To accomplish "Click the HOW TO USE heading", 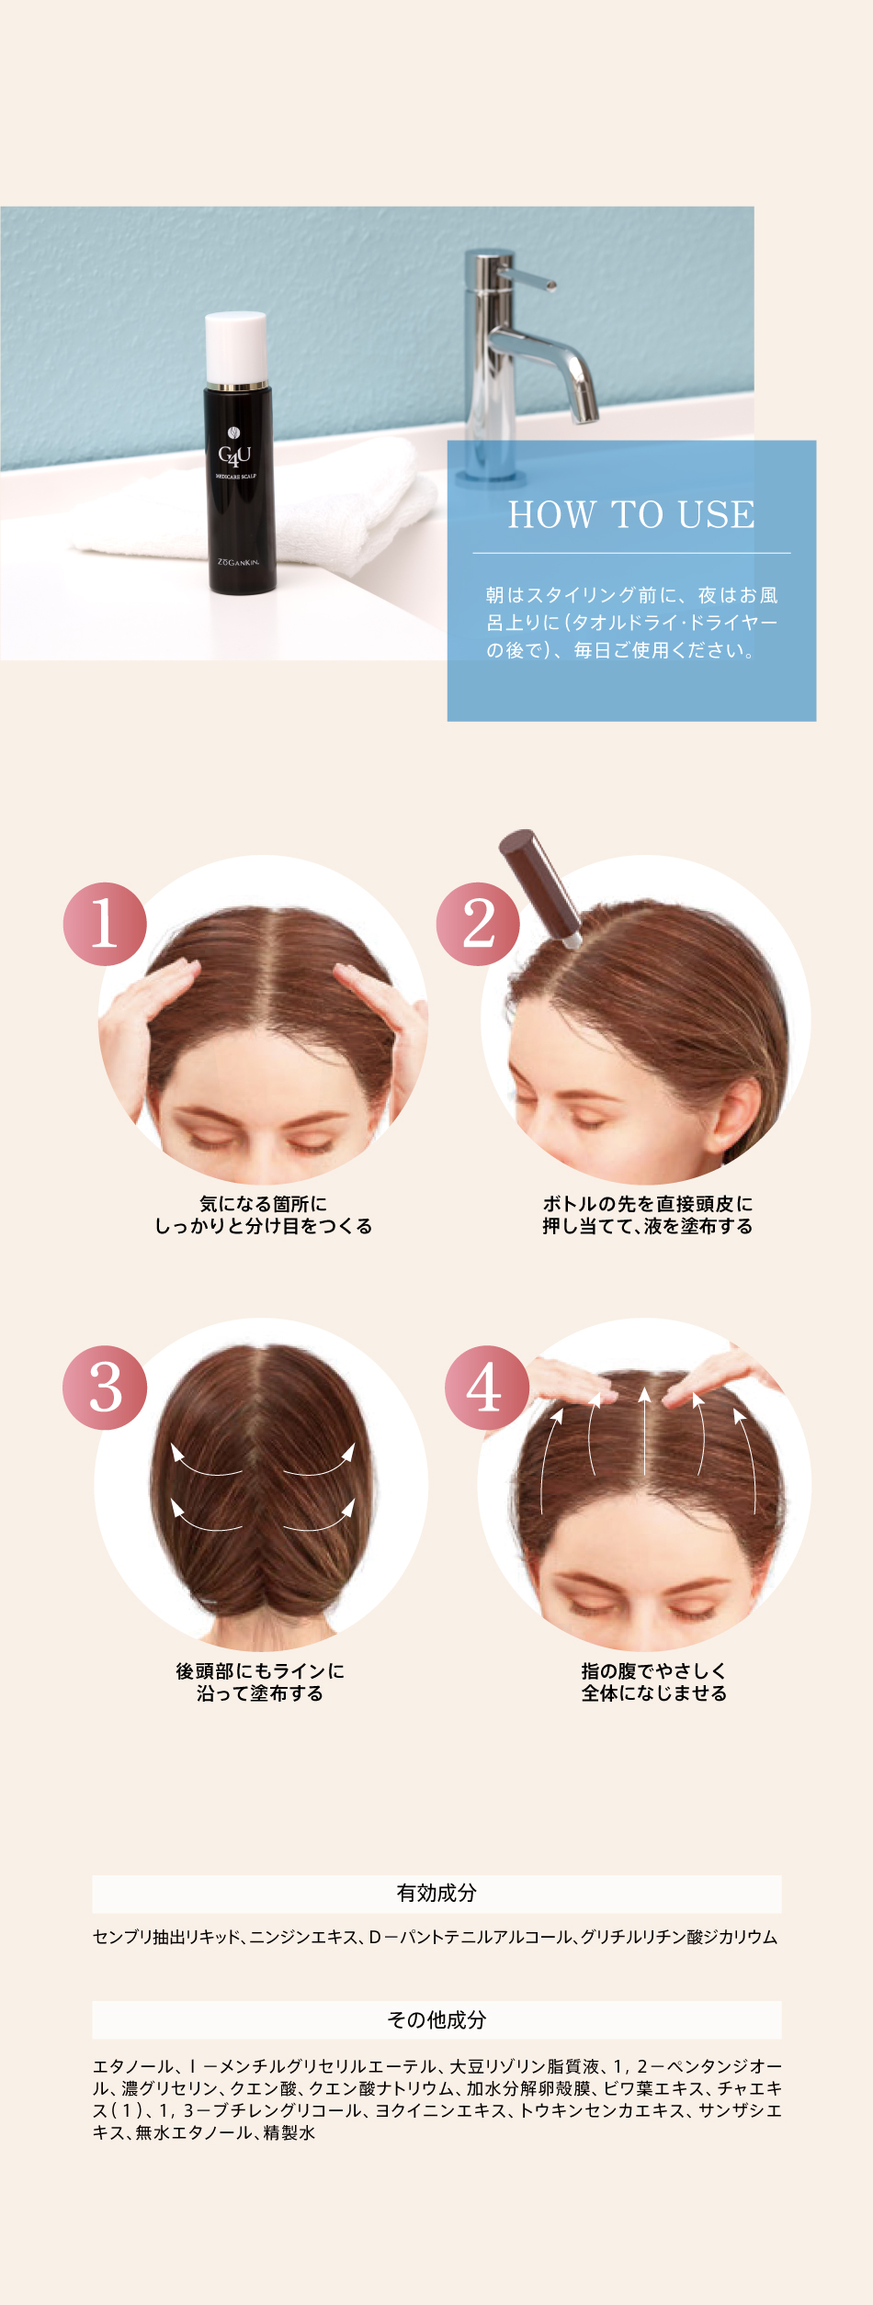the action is (631, 514).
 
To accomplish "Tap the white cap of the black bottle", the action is (236, 347).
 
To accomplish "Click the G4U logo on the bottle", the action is (234, 451).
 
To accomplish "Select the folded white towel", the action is (257, 505).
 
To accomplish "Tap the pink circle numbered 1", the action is (105, 924).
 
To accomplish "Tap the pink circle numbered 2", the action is (478, 924).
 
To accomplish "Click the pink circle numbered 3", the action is (105, 1388).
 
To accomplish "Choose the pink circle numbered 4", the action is (486, 1388).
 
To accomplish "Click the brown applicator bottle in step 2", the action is (539, 886).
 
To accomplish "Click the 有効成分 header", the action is (436, 1893).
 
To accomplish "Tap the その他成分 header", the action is (436, 2019).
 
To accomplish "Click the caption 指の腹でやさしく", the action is (653, 1670).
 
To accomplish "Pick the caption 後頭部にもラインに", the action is (260, 1670).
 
